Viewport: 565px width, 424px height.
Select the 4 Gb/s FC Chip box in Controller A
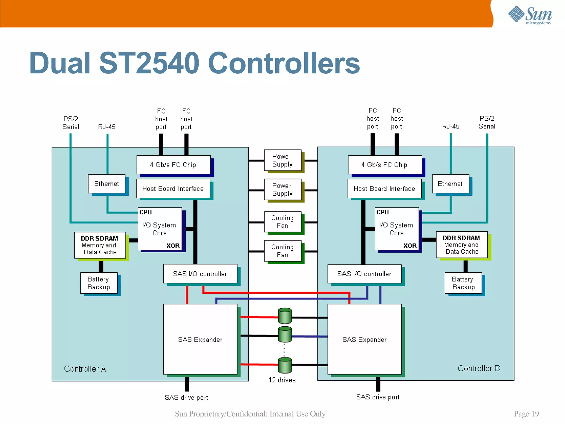click(x=173, y=165)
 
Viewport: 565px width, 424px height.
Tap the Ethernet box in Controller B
click(x=450, y=184)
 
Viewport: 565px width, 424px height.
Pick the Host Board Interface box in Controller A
click(x=173, y=189)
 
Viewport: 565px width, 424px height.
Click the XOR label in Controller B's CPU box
click(x=410, y=246)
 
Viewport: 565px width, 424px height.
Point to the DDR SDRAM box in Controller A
click(x=100, y=245)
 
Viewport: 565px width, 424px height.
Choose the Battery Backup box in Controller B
click(x=463, y=283)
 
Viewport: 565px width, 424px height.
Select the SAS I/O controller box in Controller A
click(x=200, y=274)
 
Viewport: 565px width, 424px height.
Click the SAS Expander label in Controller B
click(x=364, y=340)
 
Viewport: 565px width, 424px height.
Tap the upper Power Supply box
click(x=282, y=160)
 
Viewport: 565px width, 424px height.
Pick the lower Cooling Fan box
click(x=282, y=251)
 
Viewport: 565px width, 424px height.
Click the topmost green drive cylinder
click(x=285, y=316)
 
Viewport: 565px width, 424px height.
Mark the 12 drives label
click(x=282, y=380)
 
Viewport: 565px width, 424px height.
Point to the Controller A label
click(x=85, y=369)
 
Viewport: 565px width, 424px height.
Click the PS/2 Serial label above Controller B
click(x=487, y=122)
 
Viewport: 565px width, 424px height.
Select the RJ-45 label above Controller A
click(x=107, y=127)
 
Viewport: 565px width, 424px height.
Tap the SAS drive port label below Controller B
click(x=378, y=397)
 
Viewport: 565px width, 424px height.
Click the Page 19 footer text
click(x=526, y=414)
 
